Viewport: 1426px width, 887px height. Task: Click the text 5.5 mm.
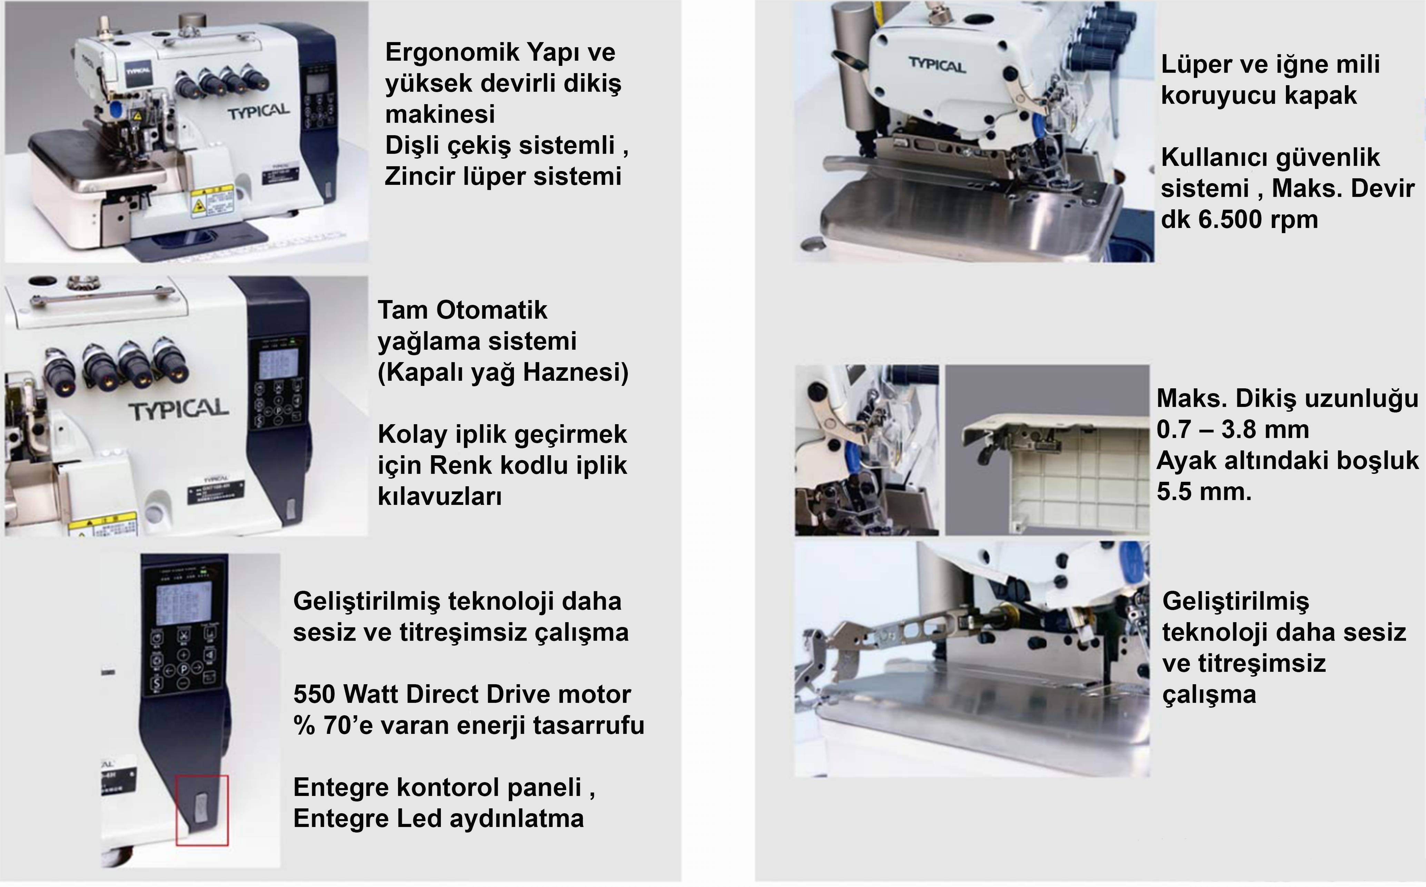coord(1204,491)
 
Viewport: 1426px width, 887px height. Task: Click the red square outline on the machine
coord(202,811)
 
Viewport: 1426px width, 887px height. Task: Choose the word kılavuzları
coord(439,497)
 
